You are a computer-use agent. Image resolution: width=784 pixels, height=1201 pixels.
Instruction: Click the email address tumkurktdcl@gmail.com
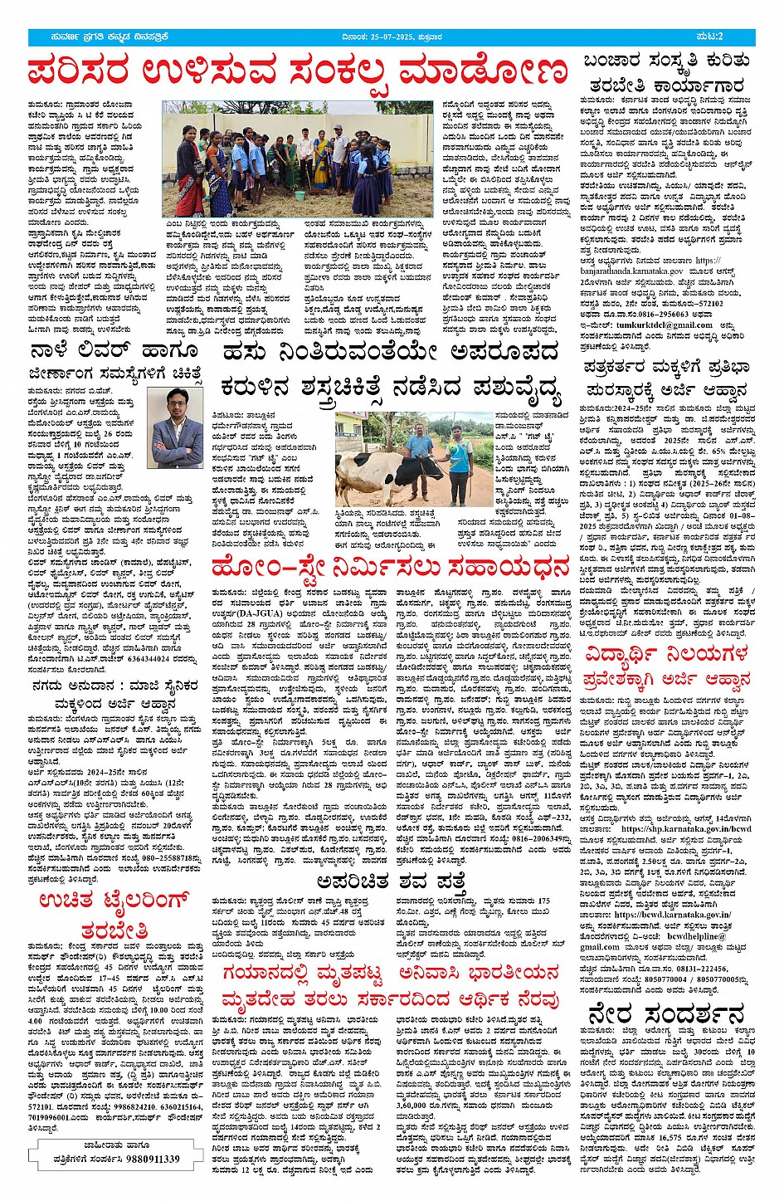click(659, 325)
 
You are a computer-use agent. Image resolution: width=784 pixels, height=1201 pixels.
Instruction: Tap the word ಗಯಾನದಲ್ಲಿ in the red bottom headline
click(295, 973)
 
